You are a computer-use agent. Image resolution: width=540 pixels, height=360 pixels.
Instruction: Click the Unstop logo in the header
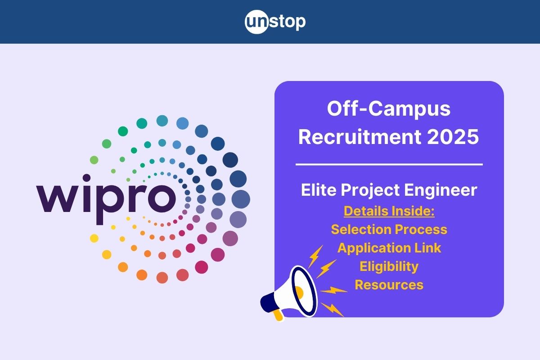275,22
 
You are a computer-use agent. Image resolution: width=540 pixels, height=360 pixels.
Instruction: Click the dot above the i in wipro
86,178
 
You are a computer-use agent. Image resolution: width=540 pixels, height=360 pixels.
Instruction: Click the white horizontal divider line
389,164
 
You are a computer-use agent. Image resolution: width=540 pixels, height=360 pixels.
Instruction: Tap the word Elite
319,190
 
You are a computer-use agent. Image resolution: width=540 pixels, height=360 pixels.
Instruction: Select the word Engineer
441,190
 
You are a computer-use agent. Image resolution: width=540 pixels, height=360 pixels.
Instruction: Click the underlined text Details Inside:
389,211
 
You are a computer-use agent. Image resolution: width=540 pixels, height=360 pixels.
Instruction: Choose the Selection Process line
389,229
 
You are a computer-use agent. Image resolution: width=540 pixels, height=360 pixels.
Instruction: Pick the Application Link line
389,248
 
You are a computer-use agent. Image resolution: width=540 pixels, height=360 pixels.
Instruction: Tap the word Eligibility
389,267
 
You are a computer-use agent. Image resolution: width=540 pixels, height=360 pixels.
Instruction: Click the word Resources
389,285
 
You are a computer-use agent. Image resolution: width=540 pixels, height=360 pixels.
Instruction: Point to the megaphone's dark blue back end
268,303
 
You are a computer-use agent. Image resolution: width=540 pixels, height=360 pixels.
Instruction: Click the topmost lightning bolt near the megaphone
315,256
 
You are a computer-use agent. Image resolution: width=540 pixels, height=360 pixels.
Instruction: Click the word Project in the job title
370,190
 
